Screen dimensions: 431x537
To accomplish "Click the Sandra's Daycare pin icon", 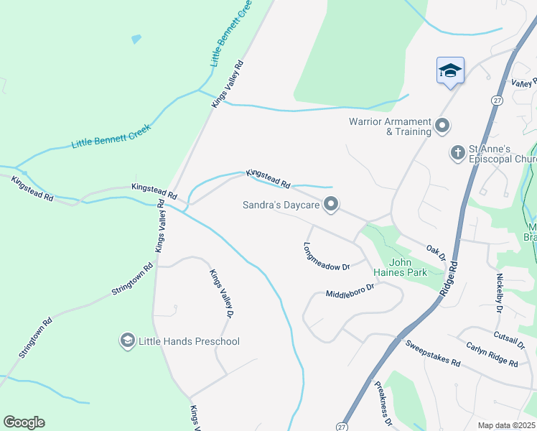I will click(331, 205).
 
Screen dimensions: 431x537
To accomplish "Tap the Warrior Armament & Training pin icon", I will click(442, 126).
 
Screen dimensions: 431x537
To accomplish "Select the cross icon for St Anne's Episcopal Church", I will click(457, 152).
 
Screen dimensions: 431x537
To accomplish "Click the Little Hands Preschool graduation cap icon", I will click(128, 340).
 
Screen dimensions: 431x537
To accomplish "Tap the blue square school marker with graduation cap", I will click(450, 70).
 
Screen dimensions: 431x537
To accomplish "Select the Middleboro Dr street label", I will click(350, 291).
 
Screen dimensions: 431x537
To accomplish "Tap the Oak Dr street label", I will click(436, 252).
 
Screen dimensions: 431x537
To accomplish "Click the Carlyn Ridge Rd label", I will click(491, 355).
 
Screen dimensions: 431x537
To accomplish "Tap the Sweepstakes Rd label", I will click(432, 353).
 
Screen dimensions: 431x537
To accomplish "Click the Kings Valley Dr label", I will click(221, 293).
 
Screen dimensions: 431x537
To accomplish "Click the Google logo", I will click(24, 422).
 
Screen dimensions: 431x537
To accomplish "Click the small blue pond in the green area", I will click(136, 39).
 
